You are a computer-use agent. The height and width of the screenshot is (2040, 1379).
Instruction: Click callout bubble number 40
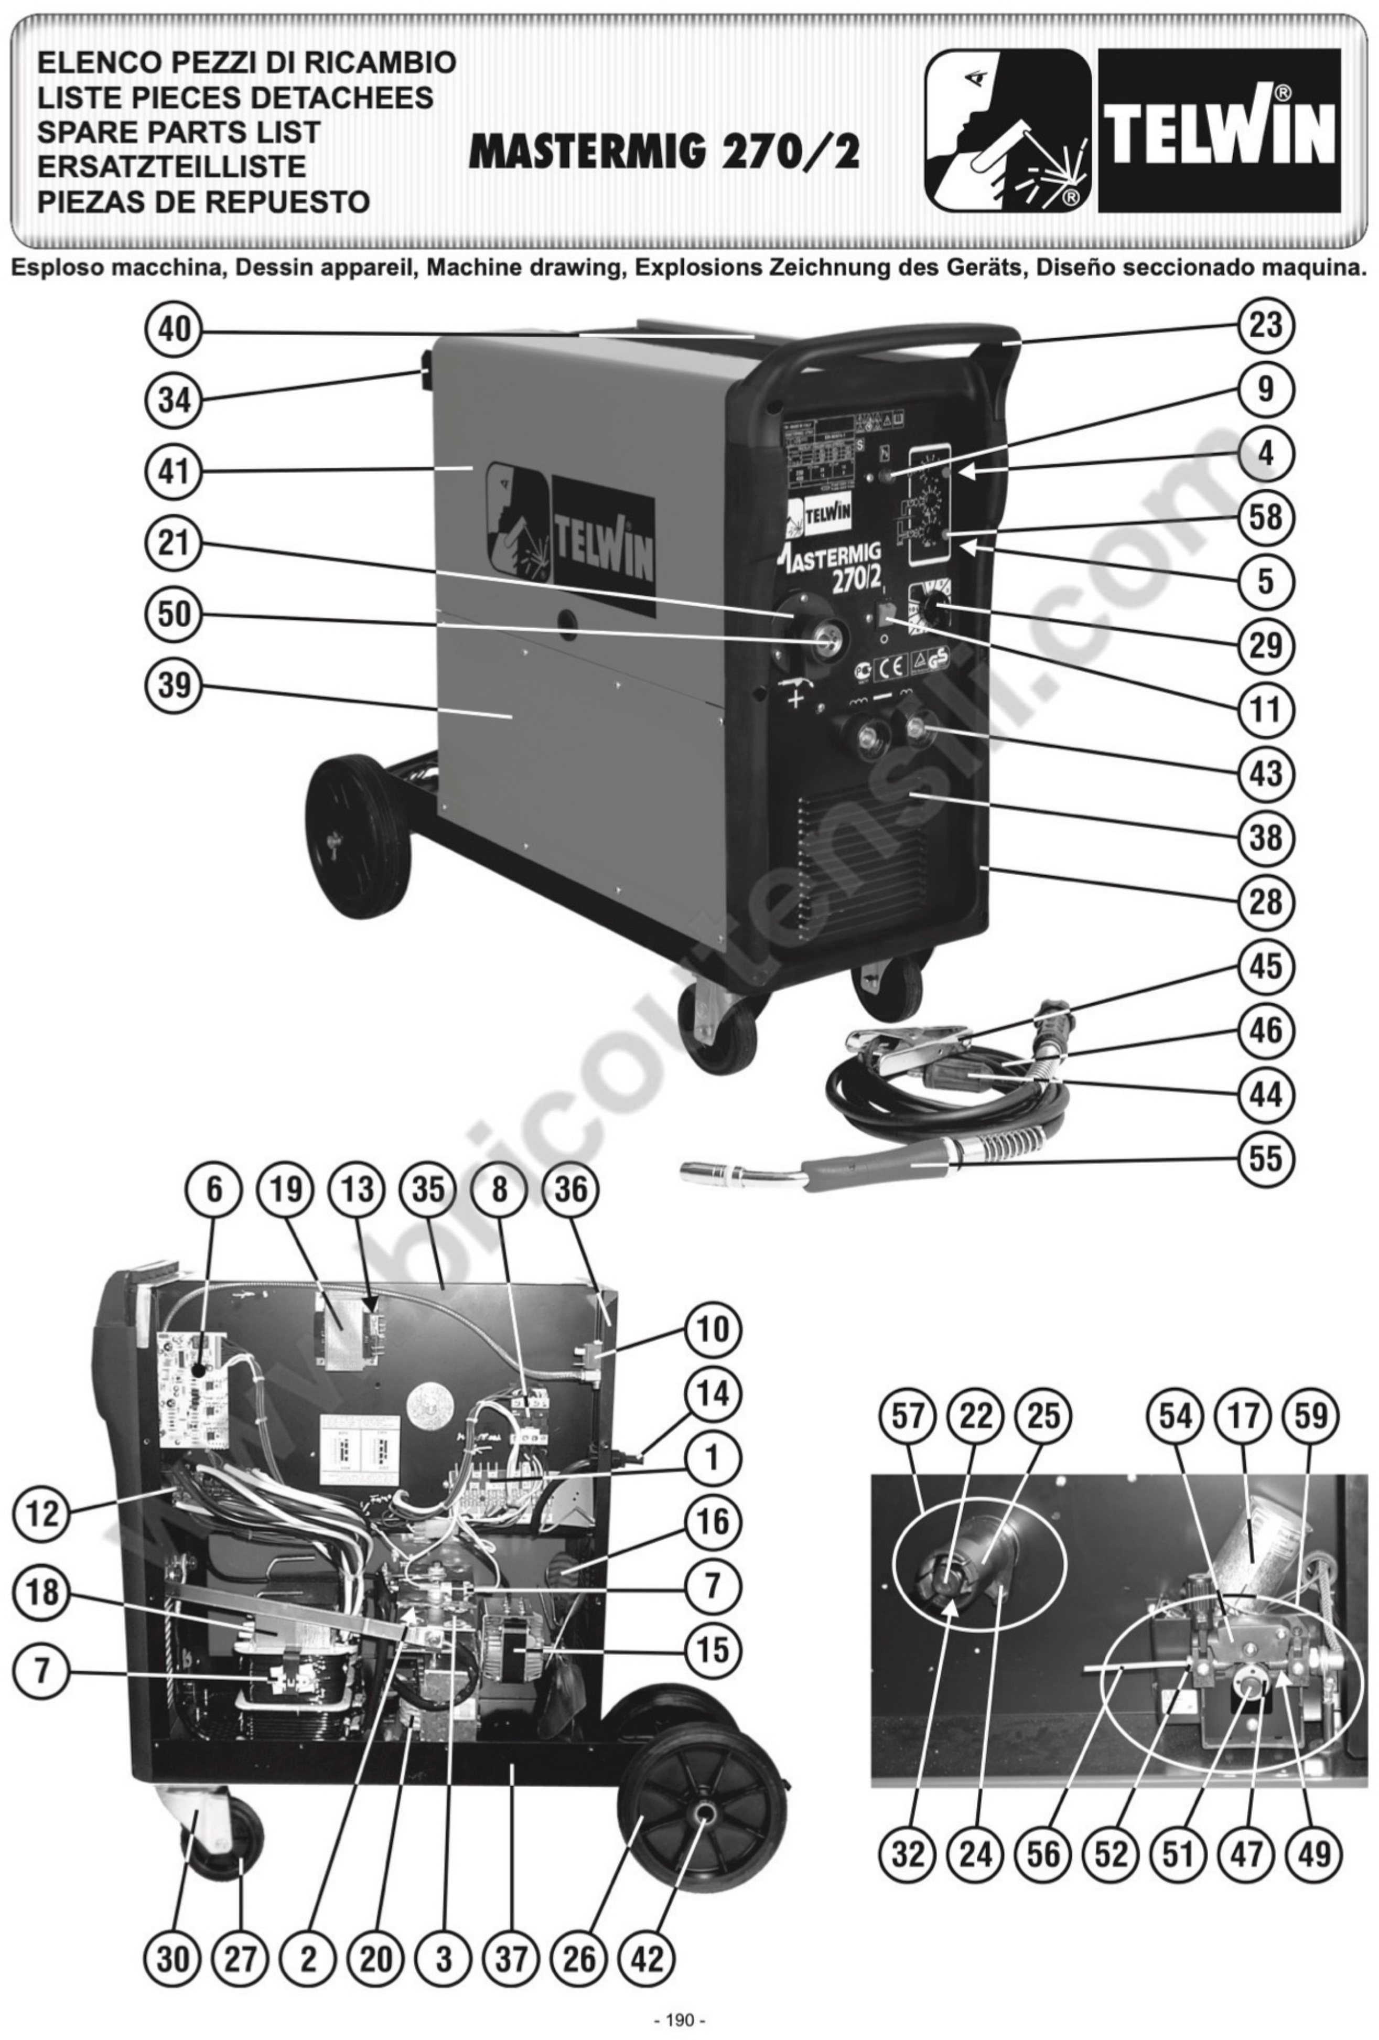(x=174, y=332)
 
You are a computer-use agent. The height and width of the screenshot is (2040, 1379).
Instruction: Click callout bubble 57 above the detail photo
(x=908, y=1415)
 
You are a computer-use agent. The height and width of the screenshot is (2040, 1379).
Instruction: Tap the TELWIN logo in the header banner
(x=1219, y=130)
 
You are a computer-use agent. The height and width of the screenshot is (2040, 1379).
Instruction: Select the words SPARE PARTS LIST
(x=178, y=132)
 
